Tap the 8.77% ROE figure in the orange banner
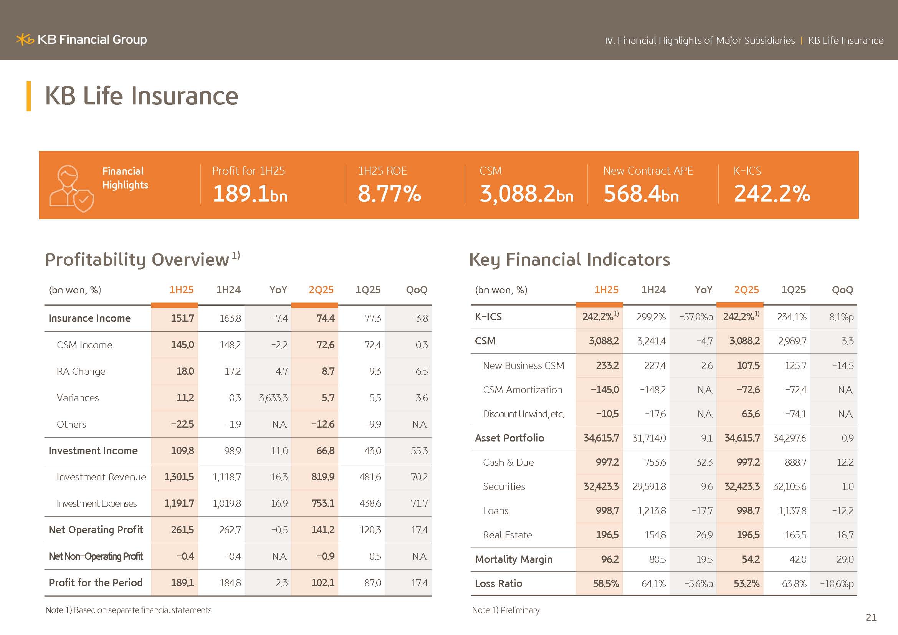tap(389, 193)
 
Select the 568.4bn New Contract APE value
tap(641, 193)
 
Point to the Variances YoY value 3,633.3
tap(273, 398)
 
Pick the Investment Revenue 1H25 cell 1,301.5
tap(179, 477)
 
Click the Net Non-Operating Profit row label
tap(96, 556)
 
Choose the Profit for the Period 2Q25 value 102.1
tap(322, 583)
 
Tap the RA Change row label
tap(81, 372)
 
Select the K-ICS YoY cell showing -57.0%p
tap(696, 317)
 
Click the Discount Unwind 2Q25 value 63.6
tap(750, 414)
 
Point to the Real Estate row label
tap(507, 535)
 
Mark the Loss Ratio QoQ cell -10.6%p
tap(837, 584)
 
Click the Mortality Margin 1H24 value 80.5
tap(657, 559)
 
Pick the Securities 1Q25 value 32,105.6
tap(789, 486)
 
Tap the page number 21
tap(871, 617)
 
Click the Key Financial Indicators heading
tap(569, 260)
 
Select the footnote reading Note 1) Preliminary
tap(505, 610)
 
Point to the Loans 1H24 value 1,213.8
tap(651, 511)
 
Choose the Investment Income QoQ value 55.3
tap(419, 451)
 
